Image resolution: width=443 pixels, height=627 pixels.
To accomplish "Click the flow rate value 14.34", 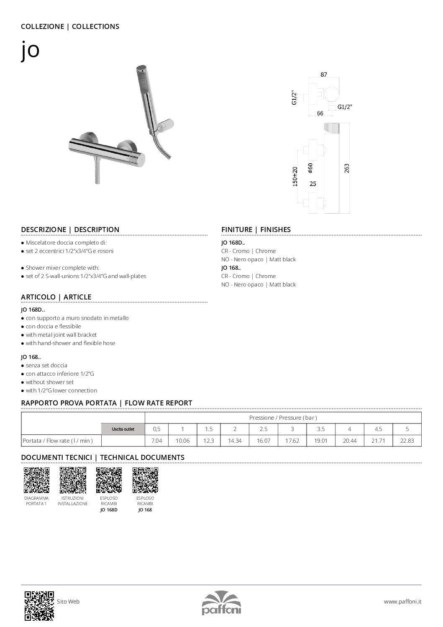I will pos(235,441).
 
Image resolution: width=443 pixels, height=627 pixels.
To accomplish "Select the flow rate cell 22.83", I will pos(407,441).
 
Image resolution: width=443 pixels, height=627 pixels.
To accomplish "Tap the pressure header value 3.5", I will pos(321,429).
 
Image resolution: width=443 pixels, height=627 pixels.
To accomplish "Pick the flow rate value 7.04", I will pos(156,441).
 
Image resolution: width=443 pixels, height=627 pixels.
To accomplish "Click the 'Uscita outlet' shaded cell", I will pos(123,429).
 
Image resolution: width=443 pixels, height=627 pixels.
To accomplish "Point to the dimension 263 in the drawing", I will pos(346,168).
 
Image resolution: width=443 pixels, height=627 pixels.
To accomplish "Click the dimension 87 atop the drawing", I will pos(323,75).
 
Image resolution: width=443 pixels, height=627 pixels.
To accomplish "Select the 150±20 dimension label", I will pos(295,176).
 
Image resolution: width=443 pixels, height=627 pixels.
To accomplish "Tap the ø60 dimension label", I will pos(310,168).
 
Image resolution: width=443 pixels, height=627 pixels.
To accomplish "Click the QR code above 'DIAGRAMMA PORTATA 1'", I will pos(36,480).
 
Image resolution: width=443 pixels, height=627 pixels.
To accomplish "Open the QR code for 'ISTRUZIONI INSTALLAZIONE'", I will pos(73,480).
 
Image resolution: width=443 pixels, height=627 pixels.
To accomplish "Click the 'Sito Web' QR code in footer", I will pos(39,605).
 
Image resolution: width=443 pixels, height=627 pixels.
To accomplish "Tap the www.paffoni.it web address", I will pos(402,601).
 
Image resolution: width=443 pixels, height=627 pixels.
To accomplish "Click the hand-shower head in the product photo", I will pos(144,80).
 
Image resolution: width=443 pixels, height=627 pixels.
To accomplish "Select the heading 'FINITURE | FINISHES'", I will pos(256,230).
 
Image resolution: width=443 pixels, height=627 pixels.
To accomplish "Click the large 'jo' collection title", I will pos(30,50).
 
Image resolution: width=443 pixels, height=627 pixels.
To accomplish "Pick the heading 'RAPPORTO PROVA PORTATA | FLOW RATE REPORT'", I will pos(106,403).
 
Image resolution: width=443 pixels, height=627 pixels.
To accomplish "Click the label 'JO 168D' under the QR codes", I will pos(109,510).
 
